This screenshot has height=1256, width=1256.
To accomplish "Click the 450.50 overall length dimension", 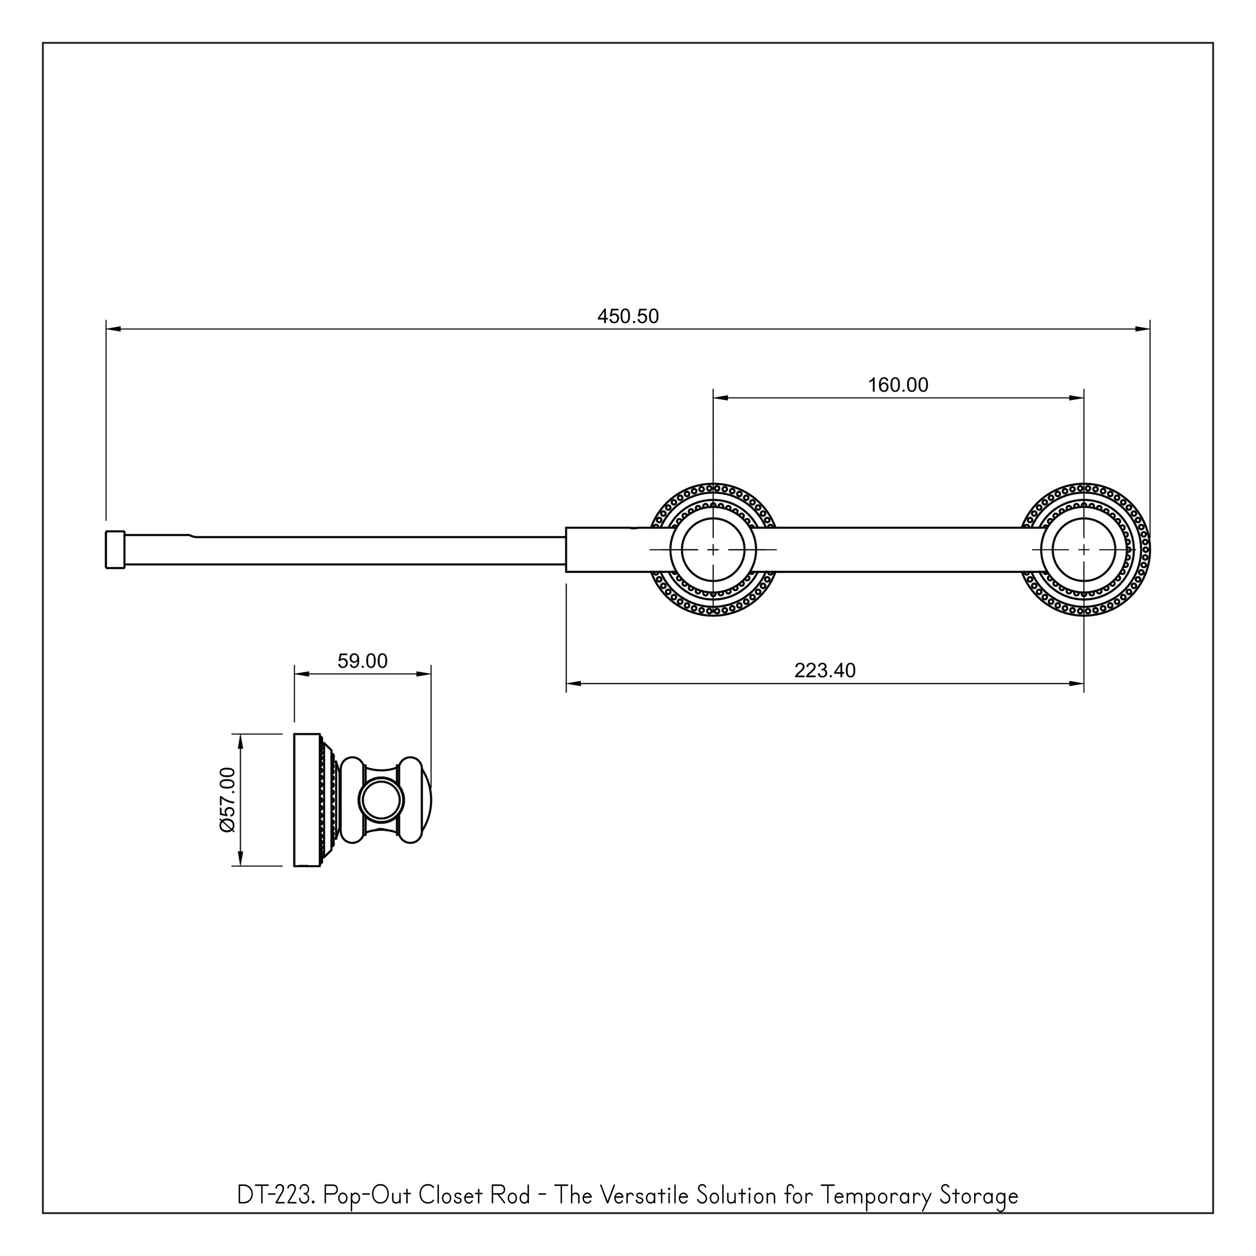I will (628, 317).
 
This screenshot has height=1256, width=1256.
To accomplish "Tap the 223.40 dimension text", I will (825, 671).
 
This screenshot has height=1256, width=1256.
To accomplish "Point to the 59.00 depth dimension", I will (362, 661).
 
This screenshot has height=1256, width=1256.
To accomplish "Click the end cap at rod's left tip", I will (114, 550).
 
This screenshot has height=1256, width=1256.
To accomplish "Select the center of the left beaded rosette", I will (713, 550).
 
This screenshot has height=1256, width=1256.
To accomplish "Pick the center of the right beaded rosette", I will (1084, 550).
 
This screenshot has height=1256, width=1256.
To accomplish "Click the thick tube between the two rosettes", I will (897, 550).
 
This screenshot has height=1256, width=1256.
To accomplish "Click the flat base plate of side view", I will (307, 800).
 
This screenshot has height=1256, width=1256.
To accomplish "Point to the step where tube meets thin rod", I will (566, 550).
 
